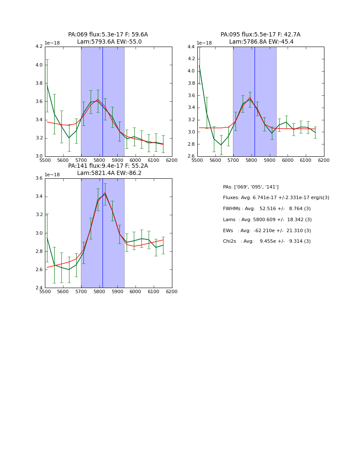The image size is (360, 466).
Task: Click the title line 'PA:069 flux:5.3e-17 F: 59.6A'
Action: pos(108,35)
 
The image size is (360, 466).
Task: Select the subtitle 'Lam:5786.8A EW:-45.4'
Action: pos(261,42)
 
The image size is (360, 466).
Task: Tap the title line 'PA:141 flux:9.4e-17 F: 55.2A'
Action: pos(108,166)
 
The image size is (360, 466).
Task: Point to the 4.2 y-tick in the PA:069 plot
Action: pos(39,47)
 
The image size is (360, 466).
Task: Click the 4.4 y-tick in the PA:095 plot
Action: pos(191,47)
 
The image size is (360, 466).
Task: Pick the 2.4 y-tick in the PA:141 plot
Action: pos(39,288)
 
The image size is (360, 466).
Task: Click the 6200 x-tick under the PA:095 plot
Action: pos(324,160)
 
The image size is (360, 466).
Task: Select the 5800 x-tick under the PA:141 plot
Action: pos(99,291)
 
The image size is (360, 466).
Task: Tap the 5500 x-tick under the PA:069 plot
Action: pos(45,160)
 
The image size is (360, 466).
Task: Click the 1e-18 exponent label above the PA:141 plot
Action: pos(53,175)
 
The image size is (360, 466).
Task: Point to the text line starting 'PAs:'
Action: pos(251,187)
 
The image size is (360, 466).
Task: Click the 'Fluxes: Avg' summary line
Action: pos(276,198)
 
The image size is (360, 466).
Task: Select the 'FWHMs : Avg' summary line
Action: pos(266,209)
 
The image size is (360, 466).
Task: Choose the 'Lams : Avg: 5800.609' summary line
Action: pos(267,219)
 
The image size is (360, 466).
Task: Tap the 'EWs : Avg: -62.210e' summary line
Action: pos(266,230)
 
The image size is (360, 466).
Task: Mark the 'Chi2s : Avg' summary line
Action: pos(266,241)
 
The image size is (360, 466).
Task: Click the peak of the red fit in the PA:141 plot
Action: pos(105,193)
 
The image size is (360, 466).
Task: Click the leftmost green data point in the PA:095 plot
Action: pos(199,65)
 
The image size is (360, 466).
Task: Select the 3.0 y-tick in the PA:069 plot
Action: pos(39,156)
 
